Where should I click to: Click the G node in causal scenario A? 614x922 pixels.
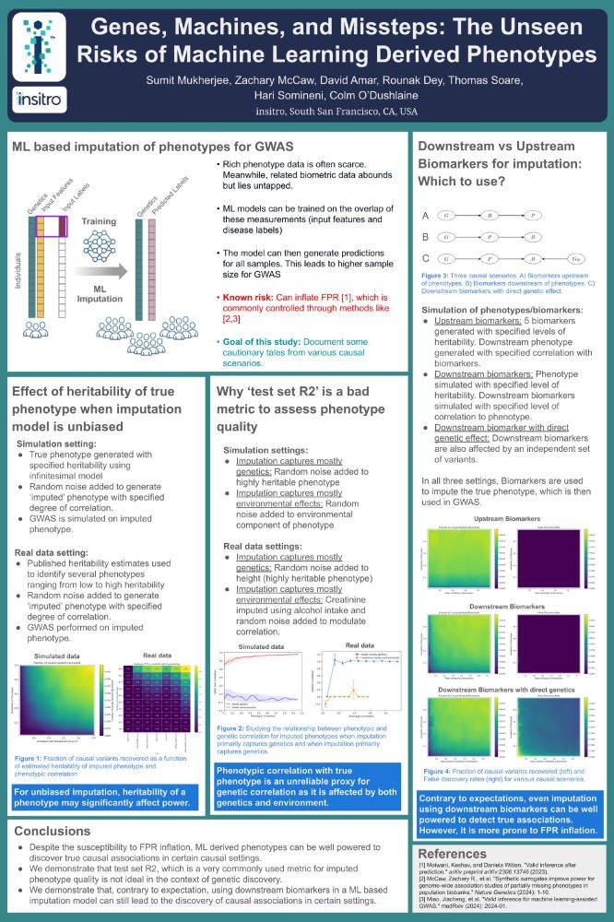point(446,214)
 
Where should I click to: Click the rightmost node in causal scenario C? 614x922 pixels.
point(576,258)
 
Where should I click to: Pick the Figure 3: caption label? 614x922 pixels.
point(438,275)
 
